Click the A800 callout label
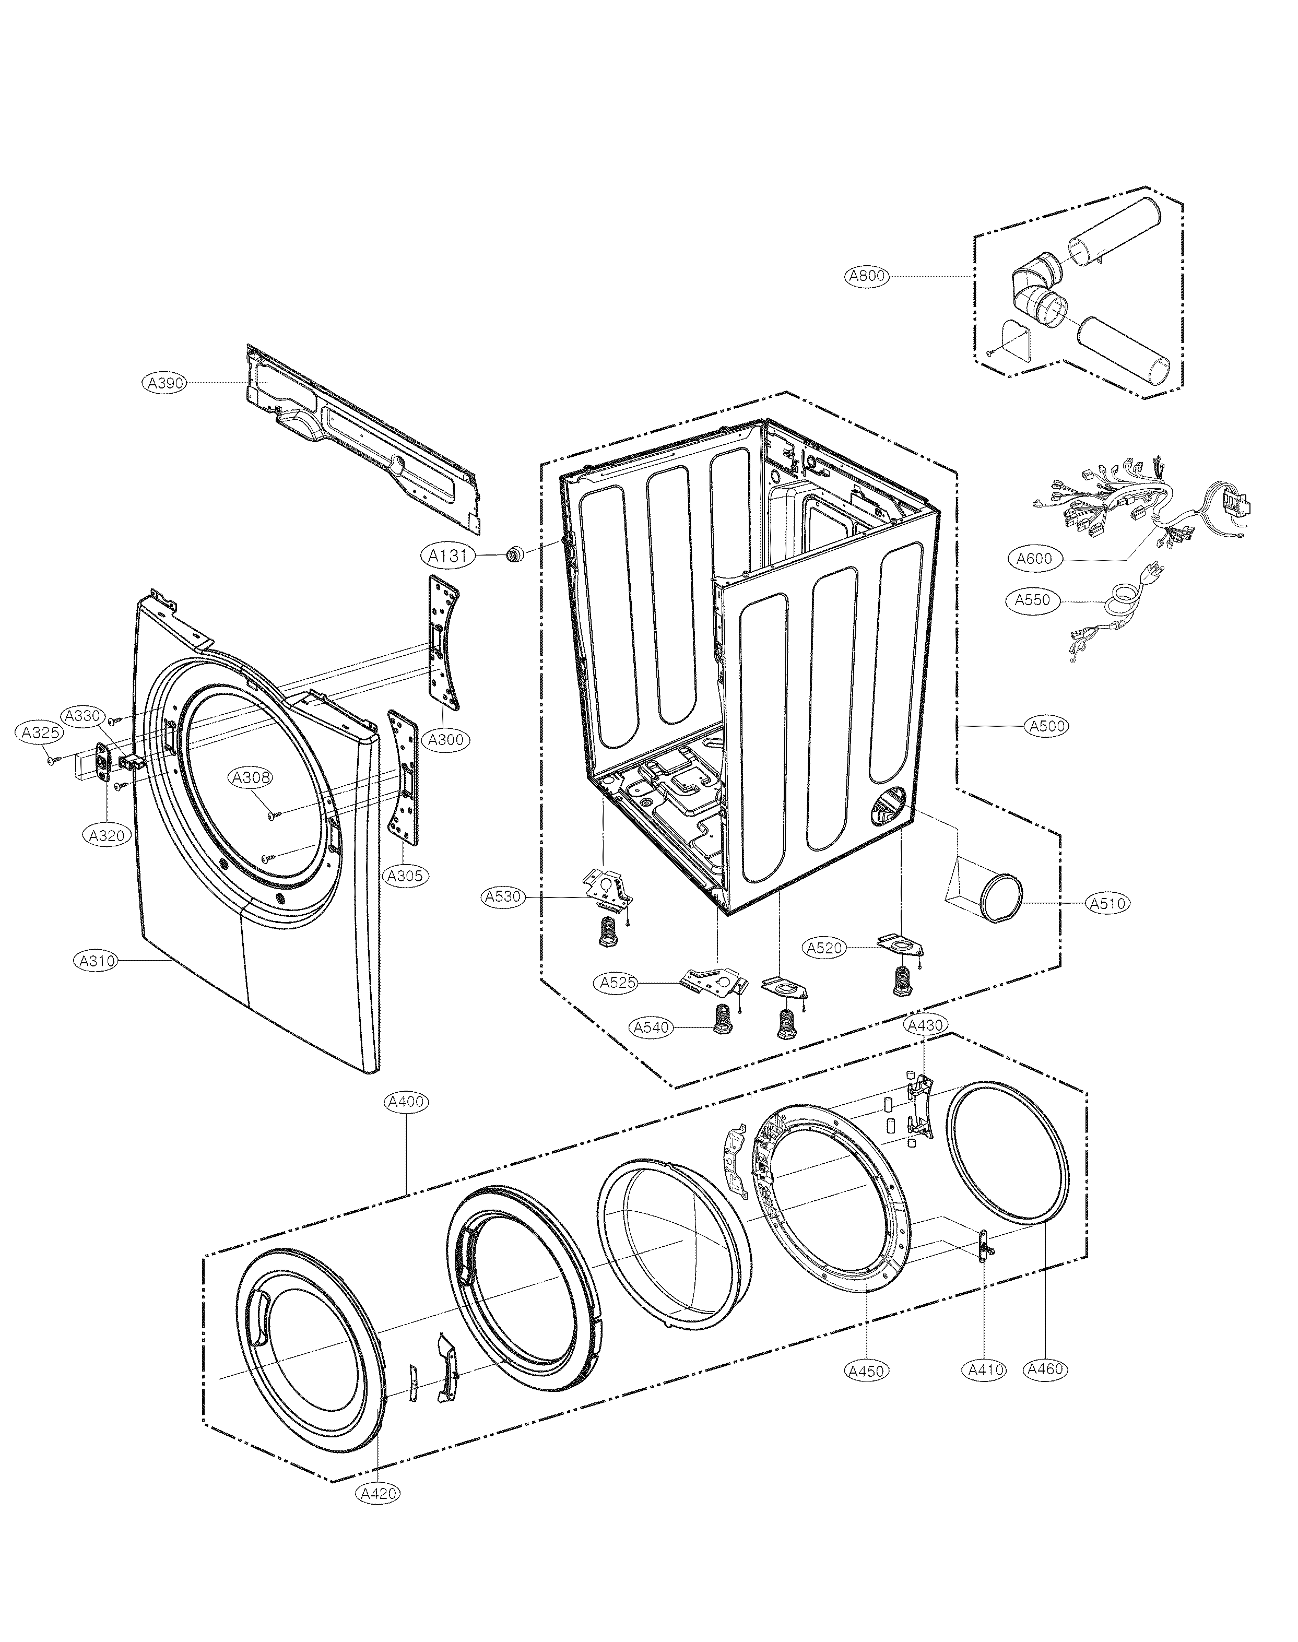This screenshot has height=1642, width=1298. click(x=866, y=277)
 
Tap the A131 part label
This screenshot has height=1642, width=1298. click(x=446, y=556)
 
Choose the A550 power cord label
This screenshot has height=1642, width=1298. click(x=1033, y=600)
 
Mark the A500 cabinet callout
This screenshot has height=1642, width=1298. click(x=1047, y=726)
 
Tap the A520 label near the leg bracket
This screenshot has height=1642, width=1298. click(x=824, y=948)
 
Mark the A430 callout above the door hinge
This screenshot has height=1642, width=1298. click(x=925, y=1025)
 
